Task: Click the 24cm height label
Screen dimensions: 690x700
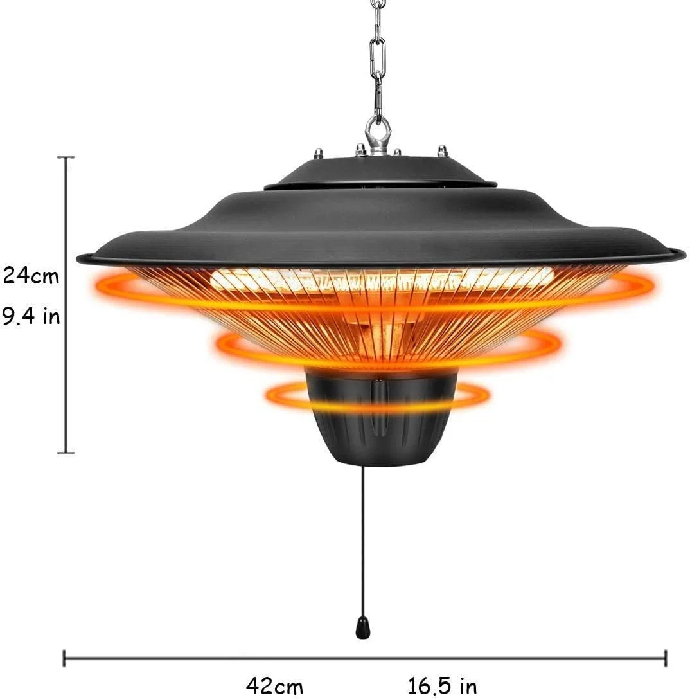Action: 31,276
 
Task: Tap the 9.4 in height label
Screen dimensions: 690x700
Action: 31,316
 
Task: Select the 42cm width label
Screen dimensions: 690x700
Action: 274,686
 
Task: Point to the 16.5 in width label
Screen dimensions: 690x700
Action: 442,686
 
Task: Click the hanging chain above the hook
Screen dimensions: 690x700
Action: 378,58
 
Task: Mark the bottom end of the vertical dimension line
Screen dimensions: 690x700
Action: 66,453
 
